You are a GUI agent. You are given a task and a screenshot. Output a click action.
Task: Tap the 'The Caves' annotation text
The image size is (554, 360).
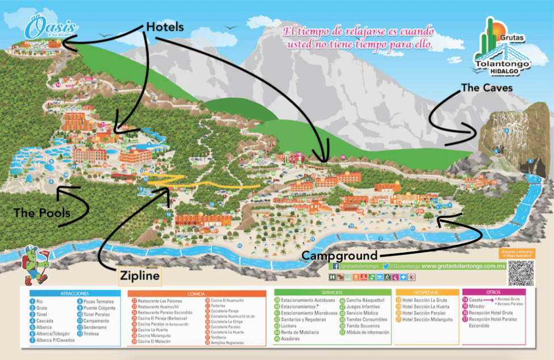click(x=486, y=87)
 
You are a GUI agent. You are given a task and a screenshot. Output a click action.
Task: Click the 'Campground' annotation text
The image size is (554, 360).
click(x=339, y=256)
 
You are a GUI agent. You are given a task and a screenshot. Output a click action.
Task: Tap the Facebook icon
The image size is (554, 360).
click(x=336, y=266)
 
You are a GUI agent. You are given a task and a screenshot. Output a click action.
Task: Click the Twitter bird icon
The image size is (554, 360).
click(x=386, y=266)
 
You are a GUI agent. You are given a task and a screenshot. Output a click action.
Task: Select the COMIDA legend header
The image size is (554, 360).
click(x=198, y=293)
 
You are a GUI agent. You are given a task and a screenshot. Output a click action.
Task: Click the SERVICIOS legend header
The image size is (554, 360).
click(x=332, y=293)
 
